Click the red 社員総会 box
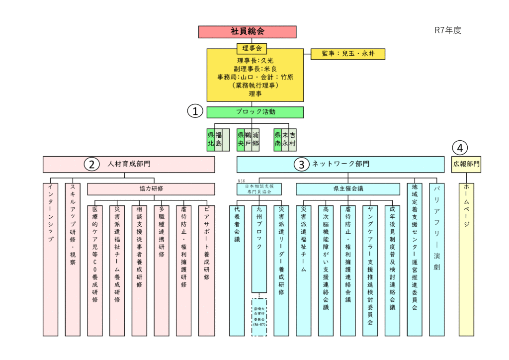point(247,32)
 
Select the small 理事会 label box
point(252,48)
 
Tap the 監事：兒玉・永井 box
point(347,54)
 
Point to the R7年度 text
point(448,30)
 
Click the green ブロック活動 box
point(255,112)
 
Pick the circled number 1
point(195,111)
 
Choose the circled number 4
point(460,148)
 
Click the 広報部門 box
point(466,164)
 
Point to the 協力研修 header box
point(151,189)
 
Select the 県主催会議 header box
point(348,189)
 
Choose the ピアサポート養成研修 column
point(206,271)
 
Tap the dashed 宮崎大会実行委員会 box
point(259,317)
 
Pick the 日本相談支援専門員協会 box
point(258,189)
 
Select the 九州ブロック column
point(259,249)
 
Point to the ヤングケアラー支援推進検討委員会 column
point(370,271)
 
